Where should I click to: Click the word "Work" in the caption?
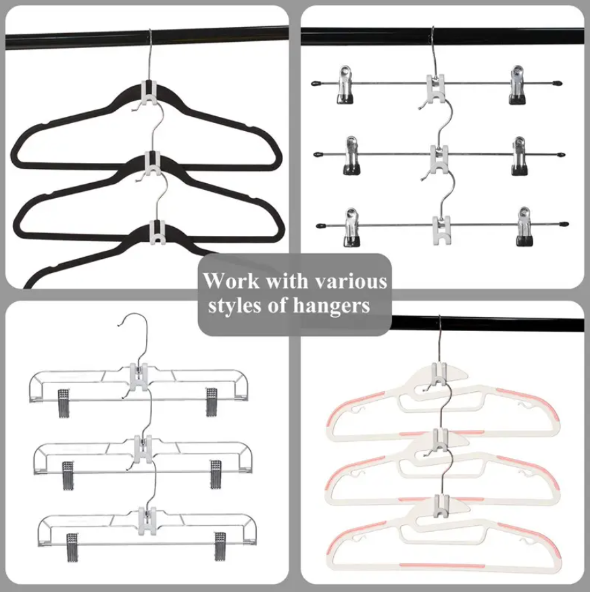pos(231,281)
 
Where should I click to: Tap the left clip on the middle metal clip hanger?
pos(351,155)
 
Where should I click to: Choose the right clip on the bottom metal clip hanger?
pos(524,226)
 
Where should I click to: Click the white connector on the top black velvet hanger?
pos(150,93)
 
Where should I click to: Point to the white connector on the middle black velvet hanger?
pos(153,164)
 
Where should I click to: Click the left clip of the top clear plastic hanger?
pos(64,403)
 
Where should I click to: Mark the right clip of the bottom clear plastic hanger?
pos(220,547)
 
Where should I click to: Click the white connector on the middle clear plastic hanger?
pos(143,449)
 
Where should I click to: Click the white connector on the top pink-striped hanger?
pos(439,374)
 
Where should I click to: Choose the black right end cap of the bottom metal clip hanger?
pos(564,224)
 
